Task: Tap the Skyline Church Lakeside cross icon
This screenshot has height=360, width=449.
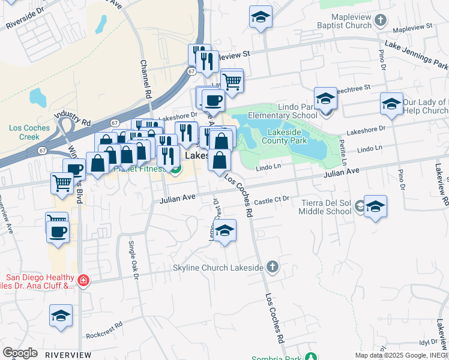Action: [x=273, y=267]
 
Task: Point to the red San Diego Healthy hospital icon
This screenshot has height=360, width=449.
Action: [x=83, y=280]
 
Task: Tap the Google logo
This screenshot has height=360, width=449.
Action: [x=20, y=353]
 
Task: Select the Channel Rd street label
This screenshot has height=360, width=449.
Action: [x=145, y=79]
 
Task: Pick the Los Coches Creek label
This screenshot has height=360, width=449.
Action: [x=25, y=132]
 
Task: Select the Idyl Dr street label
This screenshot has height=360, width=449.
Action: [x=428, y=341]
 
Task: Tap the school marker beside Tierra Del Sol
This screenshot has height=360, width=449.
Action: [x=375, y=208]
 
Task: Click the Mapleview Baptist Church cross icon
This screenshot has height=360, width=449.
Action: [x=380, y=21]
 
